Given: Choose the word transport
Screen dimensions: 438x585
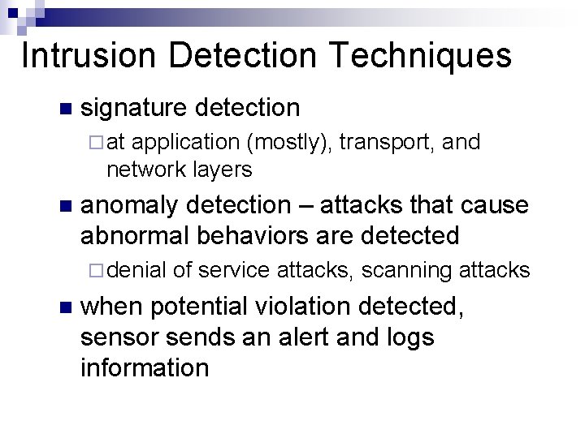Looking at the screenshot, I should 388,143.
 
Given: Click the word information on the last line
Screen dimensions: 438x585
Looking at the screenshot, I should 145,367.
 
